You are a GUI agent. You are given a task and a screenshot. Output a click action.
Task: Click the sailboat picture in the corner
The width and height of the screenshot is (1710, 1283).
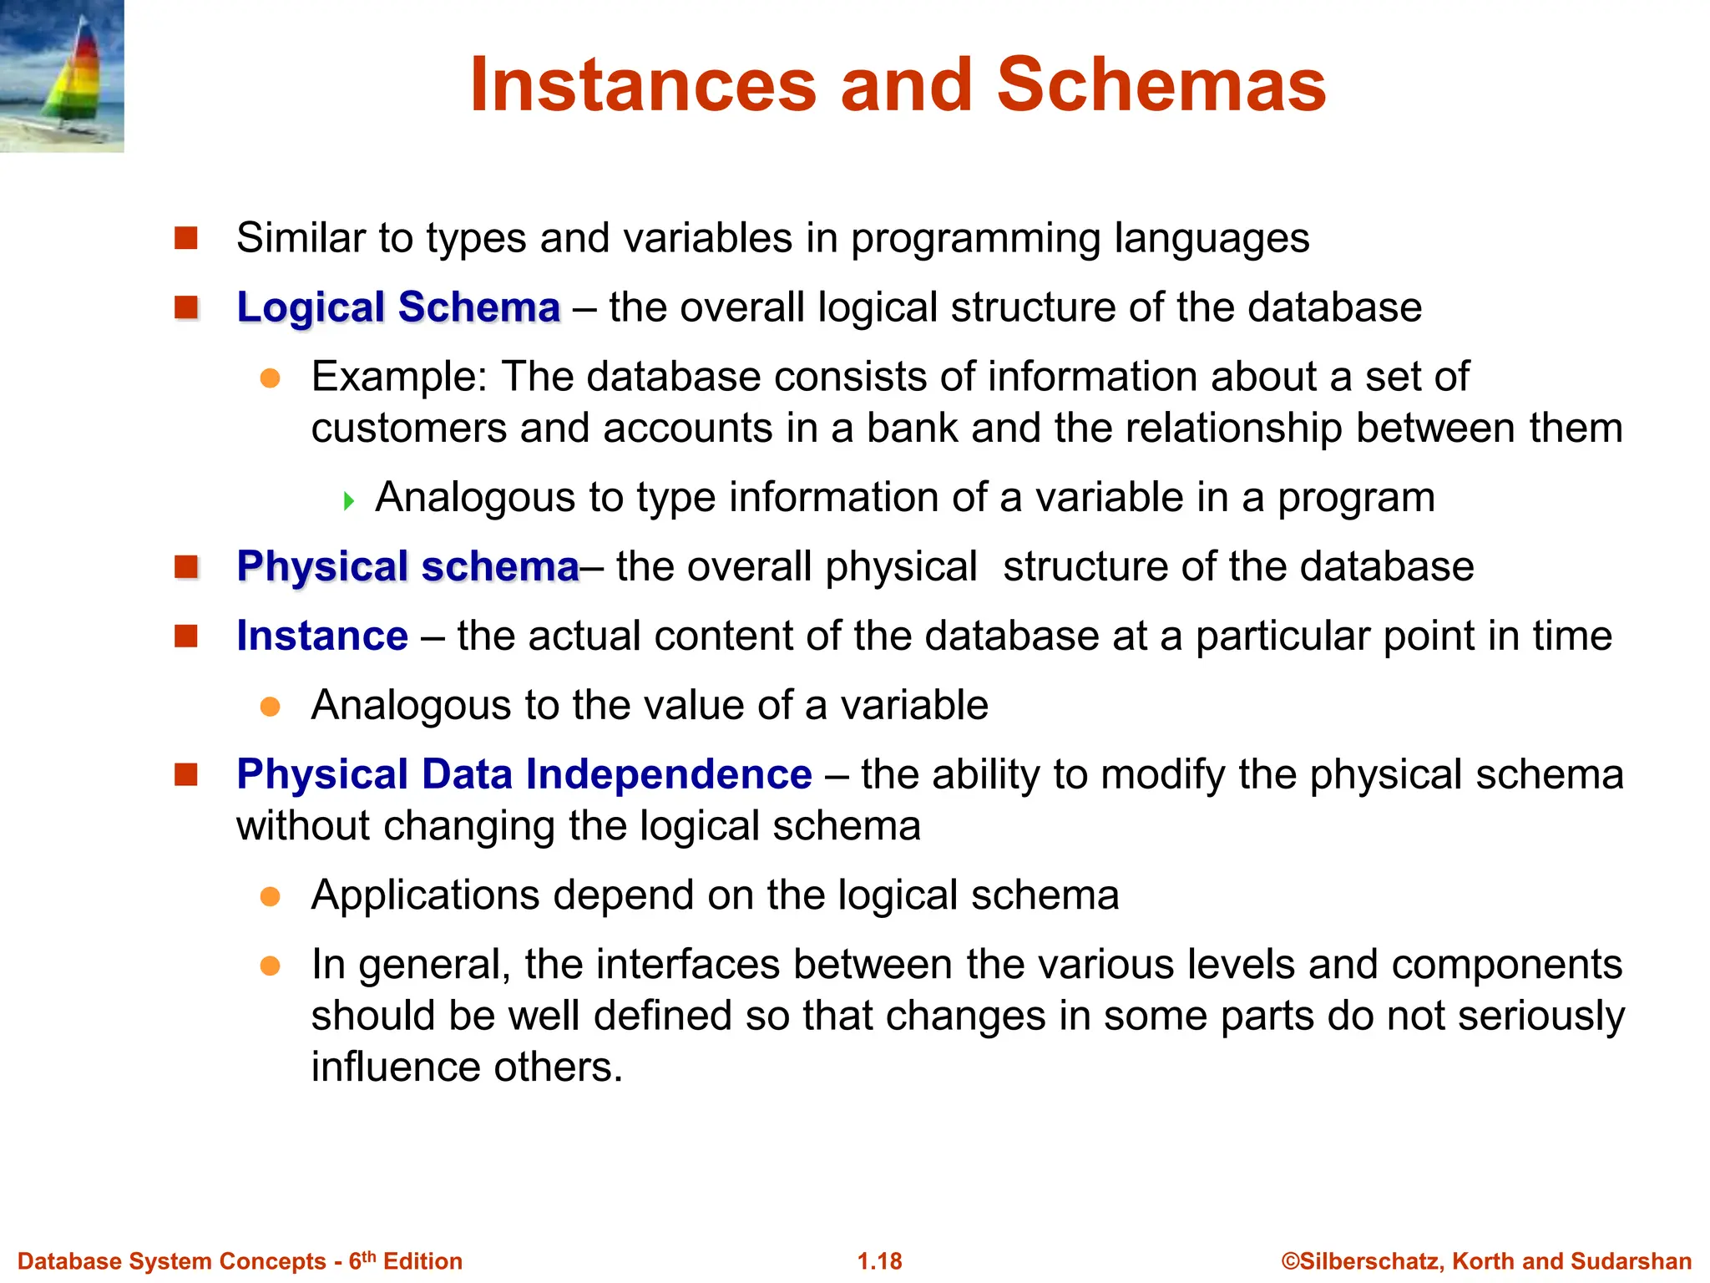coord(62,75)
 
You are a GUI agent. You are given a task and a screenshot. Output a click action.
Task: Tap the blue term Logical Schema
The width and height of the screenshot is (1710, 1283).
coord(398,307)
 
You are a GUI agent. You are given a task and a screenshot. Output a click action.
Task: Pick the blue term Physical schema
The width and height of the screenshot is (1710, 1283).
coord(407,567)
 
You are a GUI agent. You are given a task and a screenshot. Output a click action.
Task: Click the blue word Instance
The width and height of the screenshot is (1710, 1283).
coord(322,636)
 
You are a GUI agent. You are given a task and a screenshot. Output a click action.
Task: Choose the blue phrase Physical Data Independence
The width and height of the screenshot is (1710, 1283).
coord(524,774)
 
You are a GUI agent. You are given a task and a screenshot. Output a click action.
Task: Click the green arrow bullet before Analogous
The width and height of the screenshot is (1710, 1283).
coord(349,501)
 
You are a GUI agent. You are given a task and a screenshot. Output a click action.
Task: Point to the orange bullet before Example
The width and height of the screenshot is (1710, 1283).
coord(270,379)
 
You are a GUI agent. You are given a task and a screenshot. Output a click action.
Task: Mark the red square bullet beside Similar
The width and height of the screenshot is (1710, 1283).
coord(185,239)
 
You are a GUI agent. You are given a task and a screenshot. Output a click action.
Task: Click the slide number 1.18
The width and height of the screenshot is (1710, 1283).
coord(879,1261)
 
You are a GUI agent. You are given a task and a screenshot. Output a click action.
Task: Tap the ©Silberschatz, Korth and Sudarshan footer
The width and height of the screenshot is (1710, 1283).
coord(1486,1261)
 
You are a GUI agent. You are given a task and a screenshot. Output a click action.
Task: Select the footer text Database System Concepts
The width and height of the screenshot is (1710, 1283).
coord(171,1261)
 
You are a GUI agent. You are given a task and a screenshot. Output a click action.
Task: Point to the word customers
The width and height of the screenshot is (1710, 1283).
coord(408,429)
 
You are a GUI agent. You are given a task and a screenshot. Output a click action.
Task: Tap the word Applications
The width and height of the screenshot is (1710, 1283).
coord(425,895)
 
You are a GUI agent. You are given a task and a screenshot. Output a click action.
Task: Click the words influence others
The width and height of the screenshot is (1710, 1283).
coord(467,1067)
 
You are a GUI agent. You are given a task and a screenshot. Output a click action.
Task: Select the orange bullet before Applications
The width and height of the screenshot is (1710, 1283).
coord(270,897)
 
